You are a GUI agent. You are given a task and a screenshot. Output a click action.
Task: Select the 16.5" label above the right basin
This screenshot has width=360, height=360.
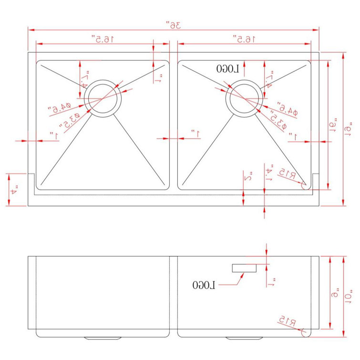click(244, 38)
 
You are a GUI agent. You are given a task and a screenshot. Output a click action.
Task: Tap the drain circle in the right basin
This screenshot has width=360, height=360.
click(245, 97)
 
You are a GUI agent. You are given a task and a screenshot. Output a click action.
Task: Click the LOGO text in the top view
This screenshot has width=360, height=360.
click(227, 69)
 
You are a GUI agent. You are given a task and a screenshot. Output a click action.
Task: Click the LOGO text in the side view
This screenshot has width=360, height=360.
click(204, 285)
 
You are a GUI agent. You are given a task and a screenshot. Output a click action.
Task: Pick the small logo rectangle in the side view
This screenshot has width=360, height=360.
click(245, 268)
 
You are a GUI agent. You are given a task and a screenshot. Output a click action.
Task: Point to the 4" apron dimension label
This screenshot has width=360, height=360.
click(14, 189)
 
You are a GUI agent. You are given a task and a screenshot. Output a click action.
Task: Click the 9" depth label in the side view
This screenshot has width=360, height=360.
click(336, 293)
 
